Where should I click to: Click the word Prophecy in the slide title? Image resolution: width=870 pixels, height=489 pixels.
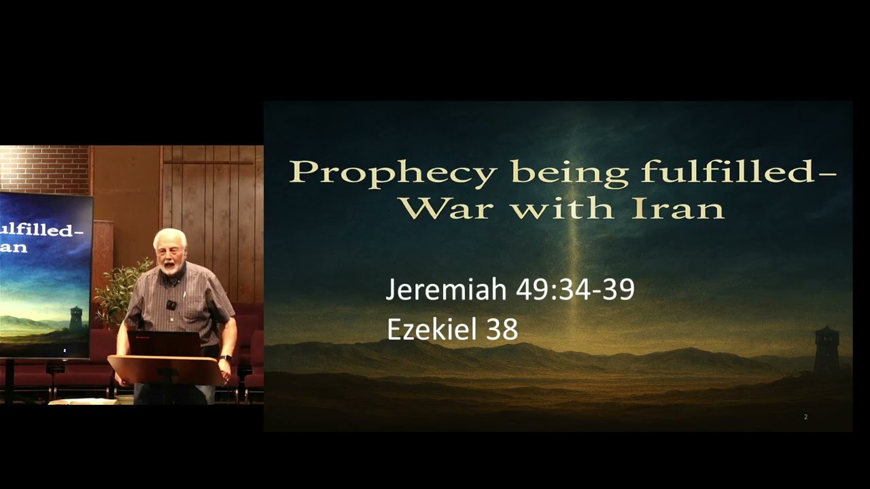(x=393, y=173)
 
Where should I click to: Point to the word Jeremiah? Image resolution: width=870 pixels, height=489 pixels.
(x=447, y=289)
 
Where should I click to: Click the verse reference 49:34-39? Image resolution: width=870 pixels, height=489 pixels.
(x=575, y=289)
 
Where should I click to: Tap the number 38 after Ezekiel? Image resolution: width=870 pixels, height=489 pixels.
(x=502, y=329)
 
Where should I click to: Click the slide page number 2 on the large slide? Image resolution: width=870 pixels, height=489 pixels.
(x=805, y=416)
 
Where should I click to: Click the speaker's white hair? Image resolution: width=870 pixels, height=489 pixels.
(x=169, y=237)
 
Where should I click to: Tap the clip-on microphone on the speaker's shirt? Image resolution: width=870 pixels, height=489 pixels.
(x=171, y=305)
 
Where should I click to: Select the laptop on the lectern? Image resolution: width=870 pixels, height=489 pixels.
(x=164, y=343)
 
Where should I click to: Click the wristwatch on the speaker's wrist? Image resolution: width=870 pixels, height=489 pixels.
(x=226, y=358)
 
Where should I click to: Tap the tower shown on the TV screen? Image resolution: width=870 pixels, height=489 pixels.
(x=76, y=317)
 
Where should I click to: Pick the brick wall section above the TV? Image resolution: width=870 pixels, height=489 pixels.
(x=45, y=168)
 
